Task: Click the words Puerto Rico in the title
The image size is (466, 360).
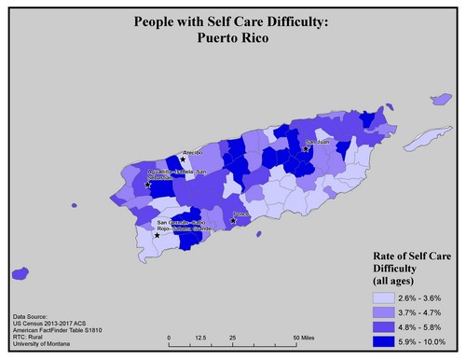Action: click(x=231, y=39)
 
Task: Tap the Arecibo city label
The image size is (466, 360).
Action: click(x=193, y=151)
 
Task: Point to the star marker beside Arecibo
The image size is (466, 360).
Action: click(x=184, y=159)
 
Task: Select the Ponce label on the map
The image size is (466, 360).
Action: click(x=240, y=213)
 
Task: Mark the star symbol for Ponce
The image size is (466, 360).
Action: click(x=233, y=221)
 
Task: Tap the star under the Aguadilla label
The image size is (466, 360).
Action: click(x=149, y=185)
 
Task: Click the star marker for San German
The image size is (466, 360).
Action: click(x=157, y=235)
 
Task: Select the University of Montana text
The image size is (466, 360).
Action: click(x=44, y=344)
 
